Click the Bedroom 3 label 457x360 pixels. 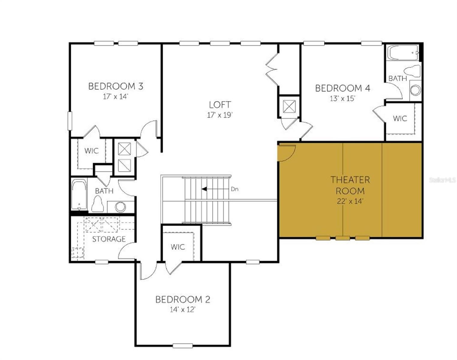tap(116, 86)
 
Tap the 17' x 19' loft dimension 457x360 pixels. tap(220, 115)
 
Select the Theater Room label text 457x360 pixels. tap(350, 185)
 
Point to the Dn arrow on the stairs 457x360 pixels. tap(205, 189)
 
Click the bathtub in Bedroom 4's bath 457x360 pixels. tap(403, 53)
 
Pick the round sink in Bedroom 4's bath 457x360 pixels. tap(415, 90)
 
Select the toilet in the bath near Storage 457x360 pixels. tap(97, 204)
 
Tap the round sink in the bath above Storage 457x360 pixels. tap(121, 207)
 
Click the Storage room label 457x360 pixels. tap(109, 239)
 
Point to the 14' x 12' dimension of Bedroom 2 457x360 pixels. tap(182, 310)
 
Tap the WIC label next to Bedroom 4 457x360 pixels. tap(400, 118)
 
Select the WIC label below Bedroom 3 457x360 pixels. tap(91, 151)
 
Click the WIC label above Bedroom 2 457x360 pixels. tap(178, 247)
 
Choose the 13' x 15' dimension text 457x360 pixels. tap(342, 98)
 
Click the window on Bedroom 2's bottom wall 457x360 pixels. tap(183, 346)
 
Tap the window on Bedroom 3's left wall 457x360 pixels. tap(70, 121)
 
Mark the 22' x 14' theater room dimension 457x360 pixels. tap(350, 201)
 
